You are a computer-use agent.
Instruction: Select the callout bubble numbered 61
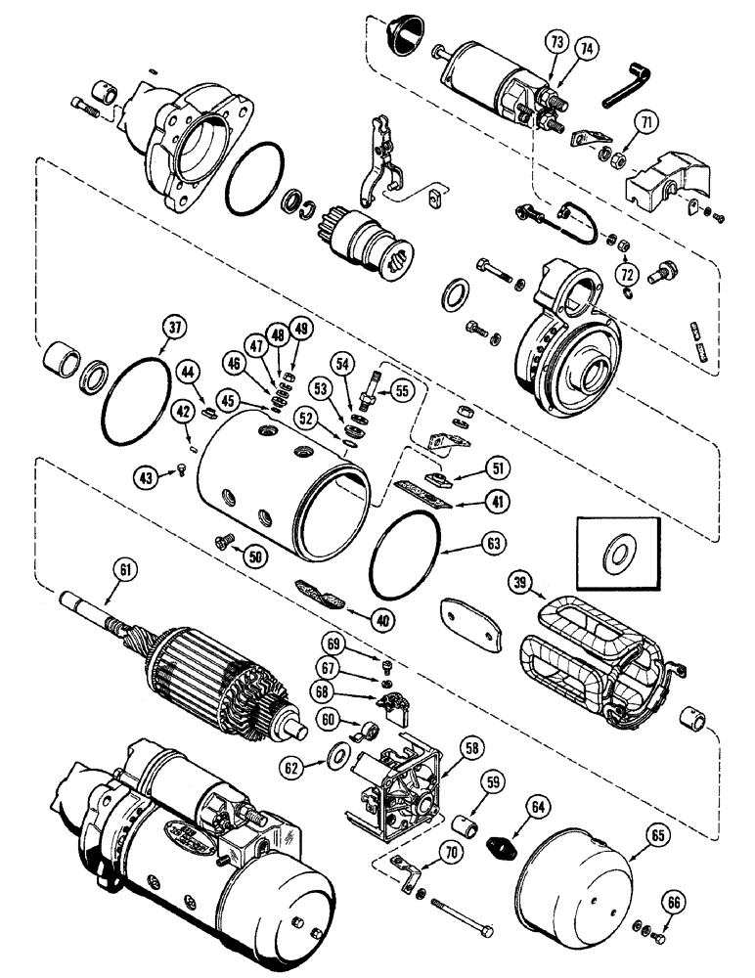pyautogui.click(x=127, y=567)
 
